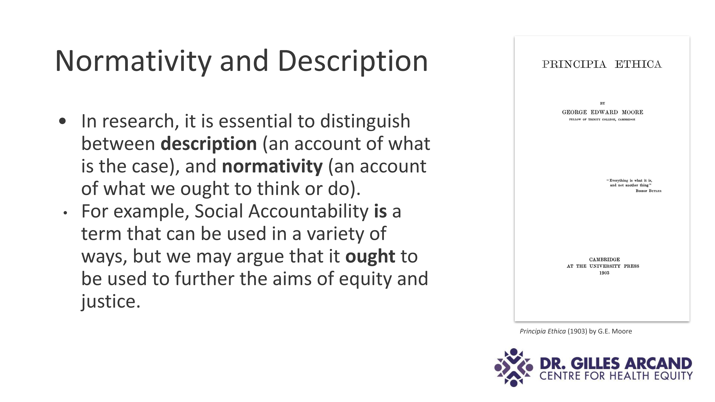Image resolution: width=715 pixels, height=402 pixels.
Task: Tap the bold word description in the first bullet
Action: click(x=209, y=144)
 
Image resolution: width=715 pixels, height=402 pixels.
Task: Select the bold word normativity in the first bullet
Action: click(x=272, y=166)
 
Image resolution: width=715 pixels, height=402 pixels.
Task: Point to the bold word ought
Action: click(x=370, y=256)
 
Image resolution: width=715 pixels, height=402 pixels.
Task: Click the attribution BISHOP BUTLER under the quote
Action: click(x=648, y=191)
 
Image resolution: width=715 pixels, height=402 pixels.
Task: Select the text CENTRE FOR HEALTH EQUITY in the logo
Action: click(x=616, y=376)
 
